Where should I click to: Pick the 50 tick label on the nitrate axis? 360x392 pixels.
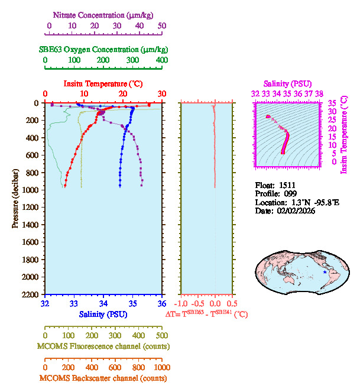(162, 26)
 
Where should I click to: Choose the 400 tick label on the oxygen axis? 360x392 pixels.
(161, 60)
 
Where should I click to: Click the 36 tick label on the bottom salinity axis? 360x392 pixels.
(161, 304)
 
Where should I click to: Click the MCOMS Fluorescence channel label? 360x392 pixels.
(102, 346)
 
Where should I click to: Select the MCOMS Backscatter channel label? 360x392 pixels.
(102, 378)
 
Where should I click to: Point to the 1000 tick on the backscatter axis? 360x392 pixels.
(161, 367)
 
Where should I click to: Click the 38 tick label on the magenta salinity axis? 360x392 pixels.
(319, 93)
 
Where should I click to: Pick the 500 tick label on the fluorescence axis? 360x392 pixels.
(161, 335)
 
